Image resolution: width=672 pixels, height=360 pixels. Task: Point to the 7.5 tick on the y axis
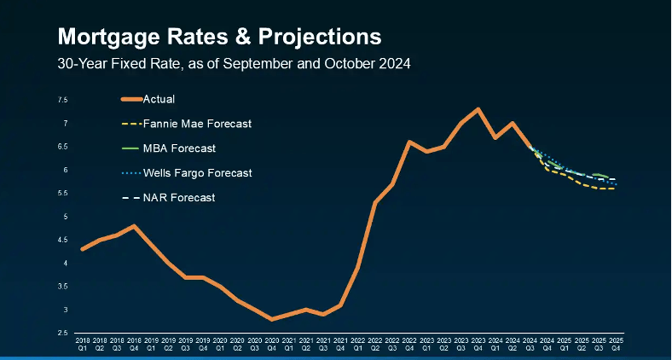[63, 101]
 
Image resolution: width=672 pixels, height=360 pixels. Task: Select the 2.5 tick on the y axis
[63, 333]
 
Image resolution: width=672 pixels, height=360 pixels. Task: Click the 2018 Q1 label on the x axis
[82, 345]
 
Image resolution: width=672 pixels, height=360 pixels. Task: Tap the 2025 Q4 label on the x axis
[616, 345]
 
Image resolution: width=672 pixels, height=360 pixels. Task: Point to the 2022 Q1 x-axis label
[357, 345]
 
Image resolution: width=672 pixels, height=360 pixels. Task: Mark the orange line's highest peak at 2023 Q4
[478, 109]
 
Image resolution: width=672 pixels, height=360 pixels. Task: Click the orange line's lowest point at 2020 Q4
[271, 319]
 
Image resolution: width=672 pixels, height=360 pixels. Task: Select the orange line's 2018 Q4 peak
[134, 226]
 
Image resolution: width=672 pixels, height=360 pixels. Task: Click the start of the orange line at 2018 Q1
[82, 249]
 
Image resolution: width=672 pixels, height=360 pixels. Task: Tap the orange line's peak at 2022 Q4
[409, 142]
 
